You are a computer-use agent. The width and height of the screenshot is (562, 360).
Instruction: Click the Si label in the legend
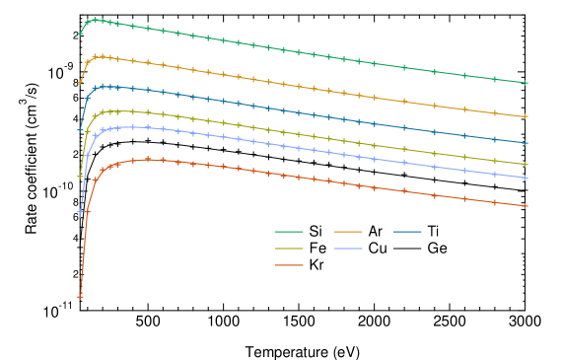316,232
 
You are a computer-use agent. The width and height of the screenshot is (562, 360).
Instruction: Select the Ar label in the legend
376,232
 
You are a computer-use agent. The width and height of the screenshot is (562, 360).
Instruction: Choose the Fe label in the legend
316,249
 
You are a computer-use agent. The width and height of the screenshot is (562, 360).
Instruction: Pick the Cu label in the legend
378,249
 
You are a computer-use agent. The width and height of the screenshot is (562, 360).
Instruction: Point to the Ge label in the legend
437,249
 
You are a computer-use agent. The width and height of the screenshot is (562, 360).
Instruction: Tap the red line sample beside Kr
288,265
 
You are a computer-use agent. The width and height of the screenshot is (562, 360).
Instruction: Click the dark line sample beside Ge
409,249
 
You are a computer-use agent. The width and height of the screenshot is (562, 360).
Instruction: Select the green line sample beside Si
288,232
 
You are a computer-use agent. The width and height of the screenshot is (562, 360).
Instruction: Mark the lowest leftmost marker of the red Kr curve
81,296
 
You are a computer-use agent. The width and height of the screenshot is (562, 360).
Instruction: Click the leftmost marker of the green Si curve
81,34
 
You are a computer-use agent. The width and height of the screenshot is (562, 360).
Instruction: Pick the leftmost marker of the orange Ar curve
81,81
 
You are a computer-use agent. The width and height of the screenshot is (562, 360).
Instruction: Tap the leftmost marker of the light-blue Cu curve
81,212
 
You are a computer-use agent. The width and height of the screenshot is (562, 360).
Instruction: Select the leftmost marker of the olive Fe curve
81,177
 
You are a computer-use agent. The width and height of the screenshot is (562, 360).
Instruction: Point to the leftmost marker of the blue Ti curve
81,129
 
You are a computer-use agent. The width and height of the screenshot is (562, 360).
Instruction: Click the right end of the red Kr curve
527,206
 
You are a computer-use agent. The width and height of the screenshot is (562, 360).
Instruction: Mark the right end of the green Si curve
527,83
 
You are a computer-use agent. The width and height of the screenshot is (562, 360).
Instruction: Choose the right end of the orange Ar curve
527,116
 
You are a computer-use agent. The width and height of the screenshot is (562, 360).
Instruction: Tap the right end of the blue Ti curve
527,142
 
